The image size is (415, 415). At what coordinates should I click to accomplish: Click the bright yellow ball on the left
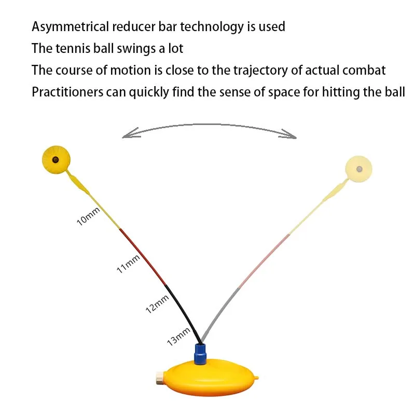point(55,160)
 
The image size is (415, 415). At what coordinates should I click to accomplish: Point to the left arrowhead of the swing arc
point(127,136)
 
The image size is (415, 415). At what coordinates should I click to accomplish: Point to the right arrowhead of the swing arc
point(291,136)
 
